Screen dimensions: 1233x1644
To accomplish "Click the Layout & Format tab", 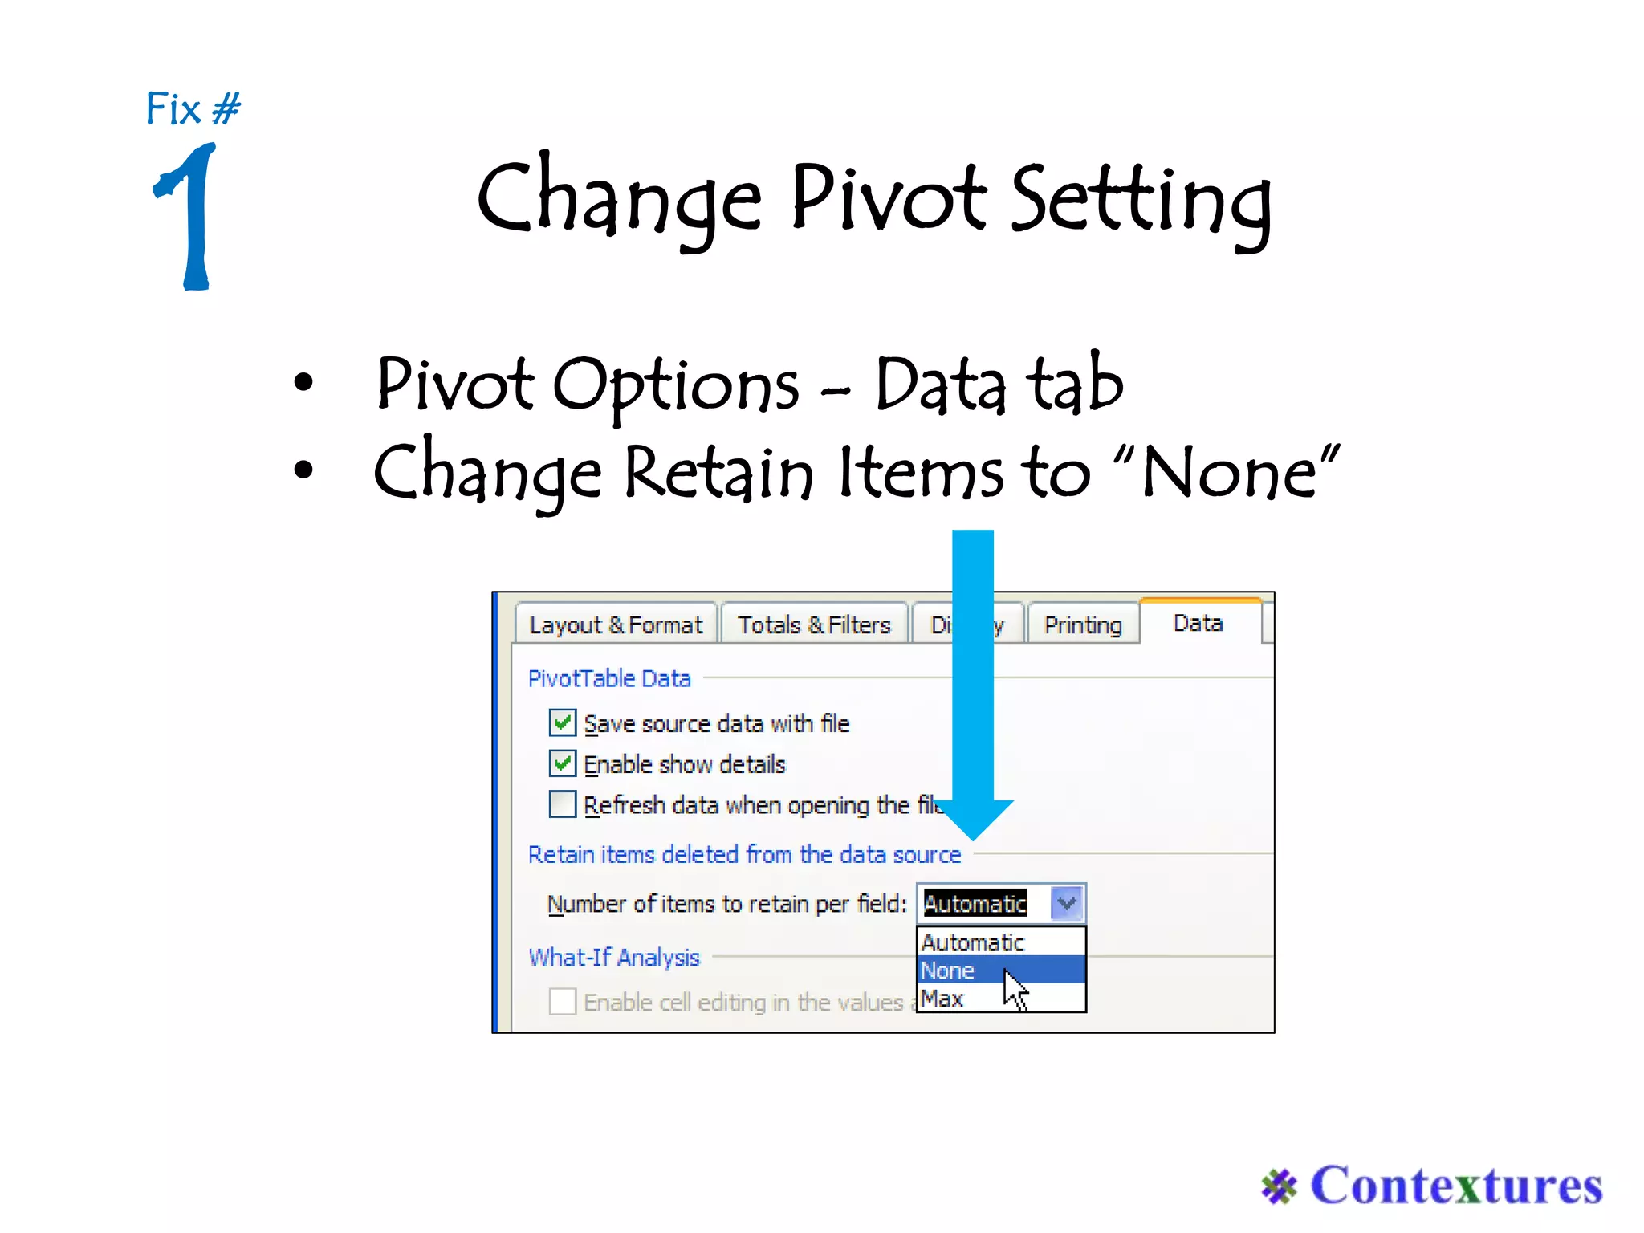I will coord(615,625).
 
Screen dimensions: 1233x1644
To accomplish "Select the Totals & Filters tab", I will coord(813,625).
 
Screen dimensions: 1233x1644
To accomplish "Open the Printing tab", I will coord(1082,625).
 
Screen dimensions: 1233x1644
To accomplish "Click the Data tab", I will coord(1198,623).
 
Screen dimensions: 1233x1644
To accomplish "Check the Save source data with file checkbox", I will coord(563,722).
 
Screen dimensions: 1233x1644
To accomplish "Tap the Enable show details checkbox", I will coord(563,763).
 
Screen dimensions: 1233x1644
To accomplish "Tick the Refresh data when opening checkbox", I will coord(563,804).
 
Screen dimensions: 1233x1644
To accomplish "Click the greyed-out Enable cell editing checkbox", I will coord(563,1001).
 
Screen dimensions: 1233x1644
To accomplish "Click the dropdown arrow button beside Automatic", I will coord(1067,903).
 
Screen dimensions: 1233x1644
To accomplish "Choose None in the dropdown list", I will coord(949,971).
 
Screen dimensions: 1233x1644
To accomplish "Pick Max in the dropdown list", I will coord(942,999).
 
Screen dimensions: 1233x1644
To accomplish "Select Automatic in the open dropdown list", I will coord(973,942).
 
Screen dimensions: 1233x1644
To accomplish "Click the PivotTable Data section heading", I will coord(609,678).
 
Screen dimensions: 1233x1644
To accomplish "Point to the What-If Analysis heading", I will coord(614,957).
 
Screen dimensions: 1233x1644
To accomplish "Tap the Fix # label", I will coord(193,108).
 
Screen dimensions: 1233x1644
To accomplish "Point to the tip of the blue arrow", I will coord(973,836).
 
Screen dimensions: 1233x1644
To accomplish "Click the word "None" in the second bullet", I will coord(1228,474).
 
